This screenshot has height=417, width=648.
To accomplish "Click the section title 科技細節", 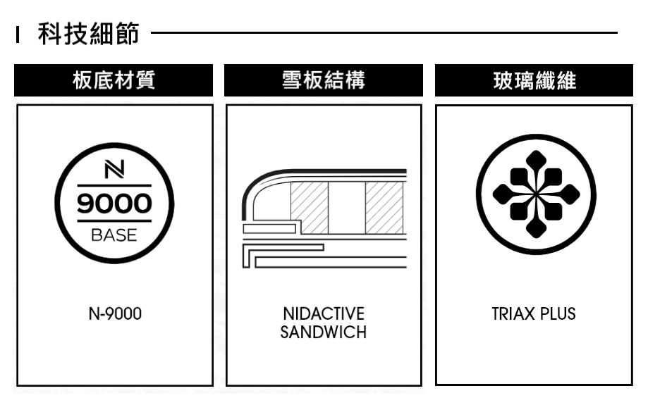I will pos(88,33).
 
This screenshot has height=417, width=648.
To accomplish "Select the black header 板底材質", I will pos(114,80).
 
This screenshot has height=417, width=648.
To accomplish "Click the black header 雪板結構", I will pos(324,80).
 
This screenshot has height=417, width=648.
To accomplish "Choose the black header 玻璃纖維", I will pos(534,80).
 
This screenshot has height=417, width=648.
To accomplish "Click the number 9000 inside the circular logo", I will pos(114,204).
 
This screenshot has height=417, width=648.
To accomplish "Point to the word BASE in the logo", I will pos(114,235).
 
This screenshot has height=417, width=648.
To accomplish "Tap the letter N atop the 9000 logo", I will pos(114,170).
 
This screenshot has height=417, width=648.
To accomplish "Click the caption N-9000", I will pos(115,313).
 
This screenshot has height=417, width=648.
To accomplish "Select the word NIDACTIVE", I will pos(324,313).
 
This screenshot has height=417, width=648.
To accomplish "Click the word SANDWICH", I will pos(324,332).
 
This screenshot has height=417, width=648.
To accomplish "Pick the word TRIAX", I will pos(513,313).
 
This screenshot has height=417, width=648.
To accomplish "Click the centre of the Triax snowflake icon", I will pos(536,194).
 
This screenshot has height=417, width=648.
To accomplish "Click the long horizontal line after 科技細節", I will pos(384,32).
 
